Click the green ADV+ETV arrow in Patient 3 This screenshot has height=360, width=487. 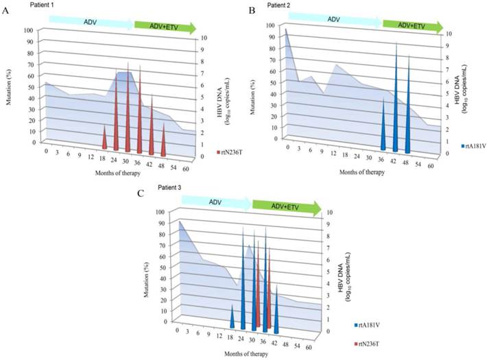click(283, 205)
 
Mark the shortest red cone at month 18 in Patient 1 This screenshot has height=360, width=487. click(104, 138)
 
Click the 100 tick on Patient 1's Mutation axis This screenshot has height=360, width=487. click(28, 29)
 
